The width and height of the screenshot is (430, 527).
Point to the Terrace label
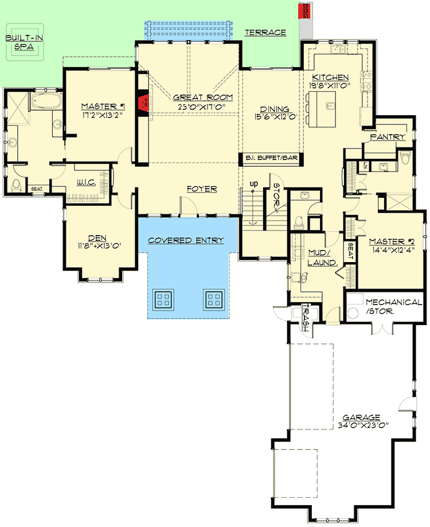point(265,33)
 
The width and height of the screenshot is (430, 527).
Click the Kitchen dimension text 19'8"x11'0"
point(330,85)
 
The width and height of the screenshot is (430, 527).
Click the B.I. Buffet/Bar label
point(271,158)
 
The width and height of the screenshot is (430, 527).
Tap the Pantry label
point(388,137)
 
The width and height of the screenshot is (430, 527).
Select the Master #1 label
point(103,106)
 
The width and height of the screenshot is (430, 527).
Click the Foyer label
point(201,189)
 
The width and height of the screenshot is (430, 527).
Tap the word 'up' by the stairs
point(252,184)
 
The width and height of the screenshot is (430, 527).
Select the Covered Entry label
point(186,240)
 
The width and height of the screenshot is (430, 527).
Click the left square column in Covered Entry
point(163,298)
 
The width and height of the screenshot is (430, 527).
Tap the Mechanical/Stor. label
point(393,307)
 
